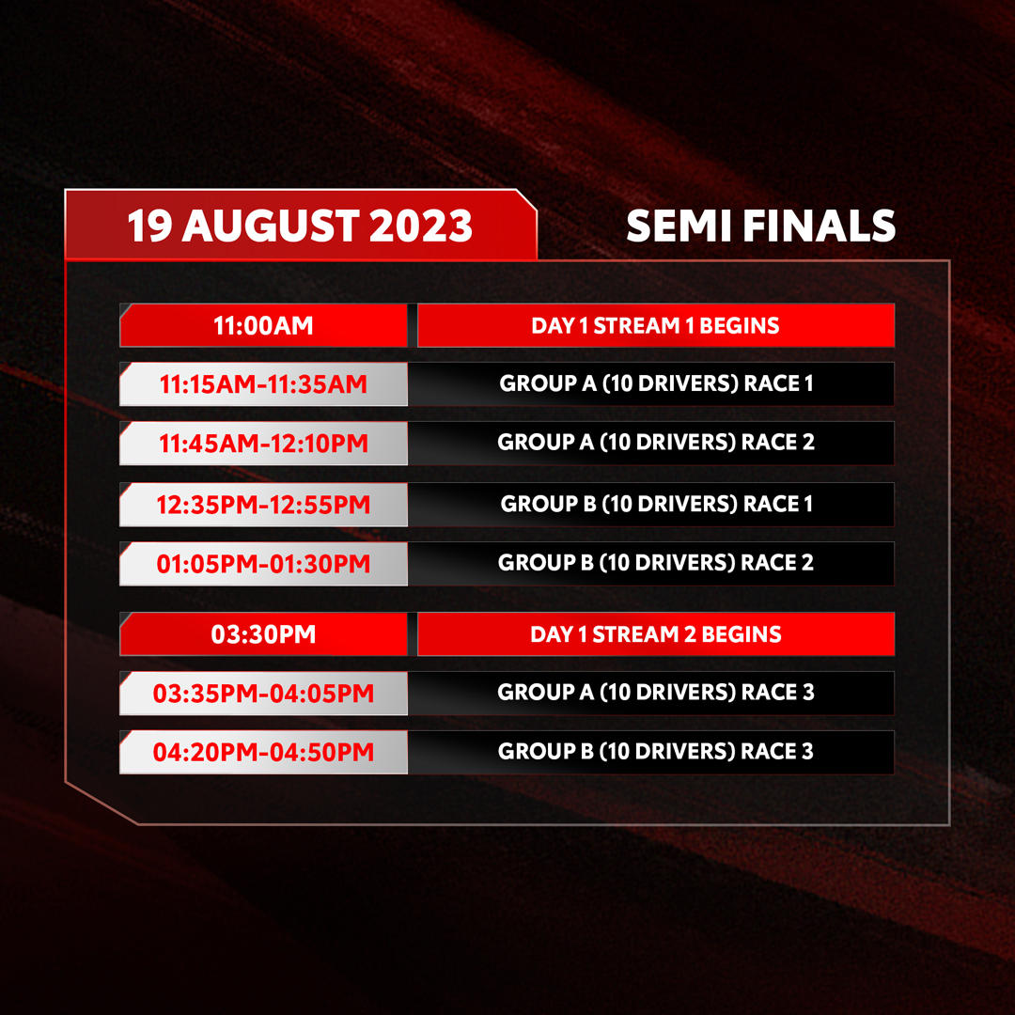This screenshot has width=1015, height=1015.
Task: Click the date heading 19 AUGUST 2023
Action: (300, 226)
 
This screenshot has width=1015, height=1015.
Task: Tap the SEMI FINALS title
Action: (760, 226)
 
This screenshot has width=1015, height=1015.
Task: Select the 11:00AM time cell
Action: (263, 325)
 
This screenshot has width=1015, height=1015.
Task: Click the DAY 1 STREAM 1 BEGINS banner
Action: (656, 325)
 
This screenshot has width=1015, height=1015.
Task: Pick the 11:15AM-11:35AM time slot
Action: (263, 384)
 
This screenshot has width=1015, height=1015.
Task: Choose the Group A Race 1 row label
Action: (656, 383)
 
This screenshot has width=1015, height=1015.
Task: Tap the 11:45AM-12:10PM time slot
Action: (263, 444)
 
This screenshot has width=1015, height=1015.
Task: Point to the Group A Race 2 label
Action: (656, 442)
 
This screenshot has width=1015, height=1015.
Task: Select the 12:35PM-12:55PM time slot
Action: (263, 505)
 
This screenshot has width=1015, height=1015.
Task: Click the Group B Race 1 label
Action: (656, 504)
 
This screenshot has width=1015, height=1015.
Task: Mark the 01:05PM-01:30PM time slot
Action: (263, 564)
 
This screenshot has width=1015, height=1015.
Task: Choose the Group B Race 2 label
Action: (656, 563)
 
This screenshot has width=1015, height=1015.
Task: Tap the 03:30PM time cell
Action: (263, 634)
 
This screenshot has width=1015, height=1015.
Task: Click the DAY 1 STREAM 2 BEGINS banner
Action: (656, 634)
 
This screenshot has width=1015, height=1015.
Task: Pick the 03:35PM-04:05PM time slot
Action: (263, 694)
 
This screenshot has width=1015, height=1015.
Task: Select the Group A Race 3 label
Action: (656, 692)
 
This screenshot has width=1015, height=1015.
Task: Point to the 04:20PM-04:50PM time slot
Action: (263, 752)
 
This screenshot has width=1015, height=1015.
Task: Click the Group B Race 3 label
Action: (656, 751)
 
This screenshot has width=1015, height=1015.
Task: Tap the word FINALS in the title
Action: (819, 226)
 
